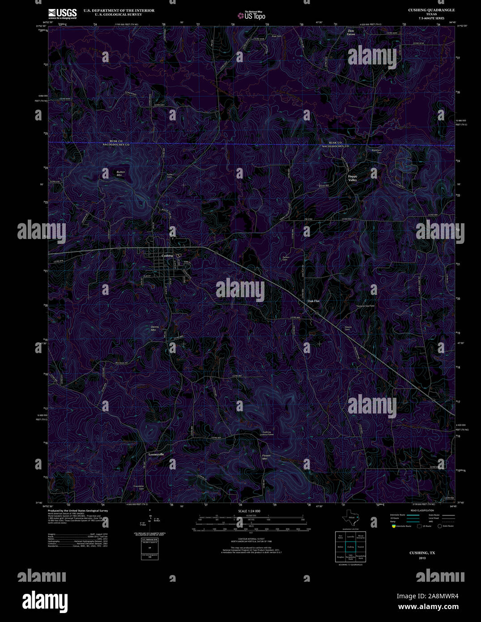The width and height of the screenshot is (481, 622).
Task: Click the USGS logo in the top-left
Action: [x=62, y=13]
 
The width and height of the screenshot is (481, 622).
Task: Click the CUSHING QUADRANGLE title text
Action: [x=431, y=10]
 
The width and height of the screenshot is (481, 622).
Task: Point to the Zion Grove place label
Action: [x=351, y=32]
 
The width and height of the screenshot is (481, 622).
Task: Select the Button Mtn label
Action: [x=121, y=173]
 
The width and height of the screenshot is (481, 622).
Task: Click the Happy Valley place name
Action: [x=353, y=178]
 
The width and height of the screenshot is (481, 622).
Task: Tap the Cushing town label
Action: [x=167, y=256]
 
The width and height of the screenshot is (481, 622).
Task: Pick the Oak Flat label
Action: [x=313, y=301]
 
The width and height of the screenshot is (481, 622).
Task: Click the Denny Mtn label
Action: [x=155, y=328]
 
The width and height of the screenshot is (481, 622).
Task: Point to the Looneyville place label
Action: [x=156, y=454]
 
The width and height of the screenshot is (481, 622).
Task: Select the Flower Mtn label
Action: [x=267, y=457]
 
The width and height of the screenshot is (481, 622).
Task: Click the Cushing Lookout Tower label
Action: [x=267, y=433]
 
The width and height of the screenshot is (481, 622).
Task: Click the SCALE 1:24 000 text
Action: [x=249, y=511]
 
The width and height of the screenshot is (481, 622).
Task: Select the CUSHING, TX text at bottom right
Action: [x=422, y=553]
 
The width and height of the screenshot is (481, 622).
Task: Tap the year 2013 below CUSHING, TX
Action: [x=422, y=558]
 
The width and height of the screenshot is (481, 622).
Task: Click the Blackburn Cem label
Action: [x=376, y=151]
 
